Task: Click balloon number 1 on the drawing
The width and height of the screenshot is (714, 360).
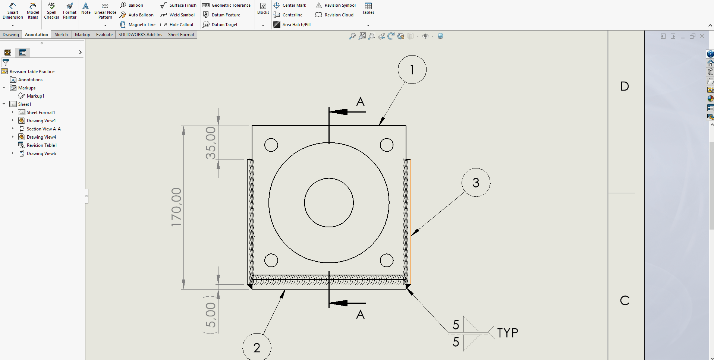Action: tap(412, 70)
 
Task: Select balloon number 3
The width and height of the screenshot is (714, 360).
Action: tap(476, 183)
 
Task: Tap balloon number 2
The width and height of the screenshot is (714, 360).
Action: tap(257, 347)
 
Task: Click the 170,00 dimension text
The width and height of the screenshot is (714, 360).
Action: tap(176, 207)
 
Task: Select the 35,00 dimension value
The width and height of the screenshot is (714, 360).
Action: tap(211, 143)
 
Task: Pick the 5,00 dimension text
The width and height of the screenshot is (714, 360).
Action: tap(211, 315)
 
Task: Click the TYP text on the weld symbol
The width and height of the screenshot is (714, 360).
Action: tap(507, 333)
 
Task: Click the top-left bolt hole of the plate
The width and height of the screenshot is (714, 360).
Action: tap(271, 145)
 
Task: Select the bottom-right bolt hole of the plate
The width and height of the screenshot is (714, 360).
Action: tap(387, 260)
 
